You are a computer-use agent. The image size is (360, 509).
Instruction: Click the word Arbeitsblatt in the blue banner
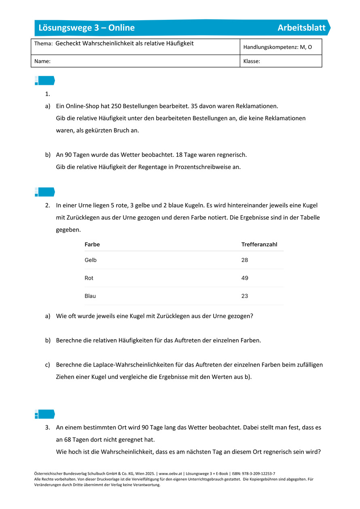tap(301, 28)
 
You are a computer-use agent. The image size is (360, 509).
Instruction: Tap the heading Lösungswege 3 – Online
tap(87, 28)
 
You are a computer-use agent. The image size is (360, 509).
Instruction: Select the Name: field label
tap(42, 61)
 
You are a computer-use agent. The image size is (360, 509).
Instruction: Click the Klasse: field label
tap(252, 61)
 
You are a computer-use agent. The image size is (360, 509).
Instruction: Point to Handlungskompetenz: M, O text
tap(277, 47)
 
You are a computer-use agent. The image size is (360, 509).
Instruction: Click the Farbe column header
tap(92, 245)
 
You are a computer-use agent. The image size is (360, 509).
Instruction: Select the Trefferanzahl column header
tap(259, 245)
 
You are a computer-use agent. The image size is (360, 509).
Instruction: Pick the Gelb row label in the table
tap(91, 260)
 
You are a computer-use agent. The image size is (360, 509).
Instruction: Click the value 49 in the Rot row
tap(245, 278)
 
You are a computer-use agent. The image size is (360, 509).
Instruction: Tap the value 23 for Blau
tap(245, 296)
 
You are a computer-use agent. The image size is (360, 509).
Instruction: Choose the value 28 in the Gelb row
tap(245, 260)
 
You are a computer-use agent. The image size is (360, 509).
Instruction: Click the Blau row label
tap(90, 296)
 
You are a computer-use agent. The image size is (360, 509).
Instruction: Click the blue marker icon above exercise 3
tap(44, 414)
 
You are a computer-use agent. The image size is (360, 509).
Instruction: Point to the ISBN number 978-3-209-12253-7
tap(255, 473)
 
